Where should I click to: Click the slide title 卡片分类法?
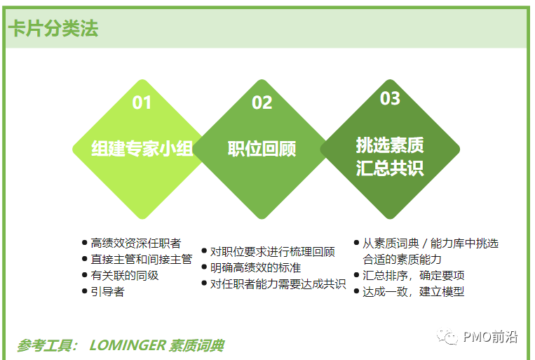53,28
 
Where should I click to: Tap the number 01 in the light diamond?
142,102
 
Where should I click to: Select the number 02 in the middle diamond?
262,102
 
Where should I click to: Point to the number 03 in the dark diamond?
390,98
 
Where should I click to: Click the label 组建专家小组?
142,149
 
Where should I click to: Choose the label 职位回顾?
262,149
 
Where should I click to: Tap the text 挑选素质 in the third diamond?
390,145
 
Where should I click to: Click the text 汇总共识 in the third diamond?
390,168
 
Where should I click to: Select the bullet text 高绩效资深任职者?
136,244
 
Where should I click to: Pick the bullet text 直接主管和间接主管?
142,259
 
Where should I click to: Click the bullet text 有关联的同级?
125,275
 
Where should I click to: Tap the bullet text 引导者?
107,291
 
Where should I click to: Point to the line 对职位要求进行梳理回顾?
273,252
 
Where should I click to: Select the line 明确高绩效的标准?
255,268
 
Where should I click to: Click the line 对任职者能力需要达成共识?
278,284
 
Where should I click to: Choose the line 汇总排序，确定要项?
413,275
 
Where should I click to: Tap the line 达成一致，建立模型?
413,291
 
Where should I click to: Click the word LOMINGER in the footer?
128,345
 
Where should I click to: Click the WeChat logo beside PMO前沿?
447,337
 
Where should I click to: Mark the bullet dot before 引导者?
85,291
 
